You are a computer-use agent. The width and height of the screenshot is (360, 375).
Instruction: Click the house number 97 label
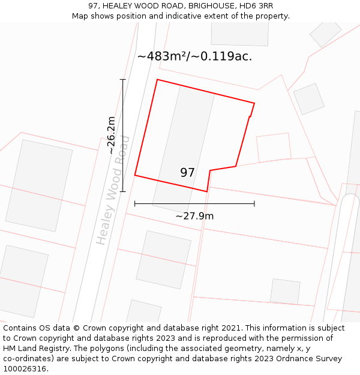click(187, 173)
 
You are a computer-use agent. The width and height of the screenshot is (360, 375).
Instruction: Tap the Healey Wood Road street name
click(113, 190)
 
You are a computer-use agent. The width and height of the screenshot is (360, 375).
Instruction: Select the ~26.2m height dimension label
click(111, 135)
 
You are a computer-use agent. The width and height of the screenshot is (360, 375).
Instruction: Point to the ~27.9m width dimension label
click(194, 216)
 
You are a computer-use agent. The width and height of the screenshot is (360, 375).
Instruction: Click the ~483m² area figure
click(164, 56)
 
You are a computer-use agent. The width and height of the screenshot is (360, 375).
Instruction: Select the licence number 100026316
click(25, 369)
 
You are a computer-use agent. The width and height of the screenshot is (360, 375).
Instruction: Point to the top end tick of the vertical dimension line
click(123, 79)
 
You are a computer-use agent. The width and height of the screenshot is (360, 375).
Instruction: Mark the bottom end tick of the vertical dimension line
click(123, 192)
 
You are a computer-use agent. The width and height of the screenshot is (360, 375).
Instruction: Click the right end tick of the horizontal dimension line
click(254, 204)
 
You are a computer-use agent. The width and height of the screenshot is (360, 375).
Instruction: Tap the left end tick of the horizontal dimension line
click(135, 204)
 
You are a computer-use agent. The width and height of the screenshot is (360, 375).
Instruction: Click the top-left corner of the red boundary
click(157, 79)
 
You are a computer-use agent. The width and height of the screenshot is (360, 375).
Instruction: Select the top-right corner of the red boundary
click(254, 103)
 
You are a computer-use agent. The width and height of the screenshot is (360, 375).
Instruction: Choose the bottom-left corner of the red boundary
click(135, 175)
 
